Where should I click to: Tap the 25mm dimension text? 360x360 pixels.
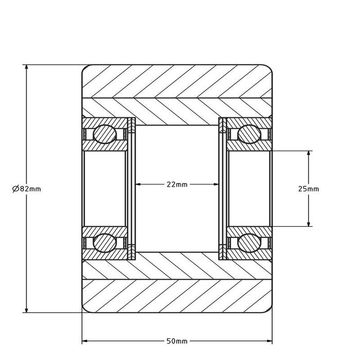(x=309, y=189)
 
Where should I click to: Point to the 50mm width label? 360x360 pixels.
(x=177, y=341)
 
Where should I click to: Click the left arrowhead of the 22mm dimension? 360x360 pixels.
(x=138, y=184)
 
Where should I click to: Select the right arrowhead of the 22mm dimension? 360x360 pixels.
(x=217, y=184)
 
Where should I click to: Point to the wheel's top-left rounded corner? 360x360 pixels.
(x=85, y=67)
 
